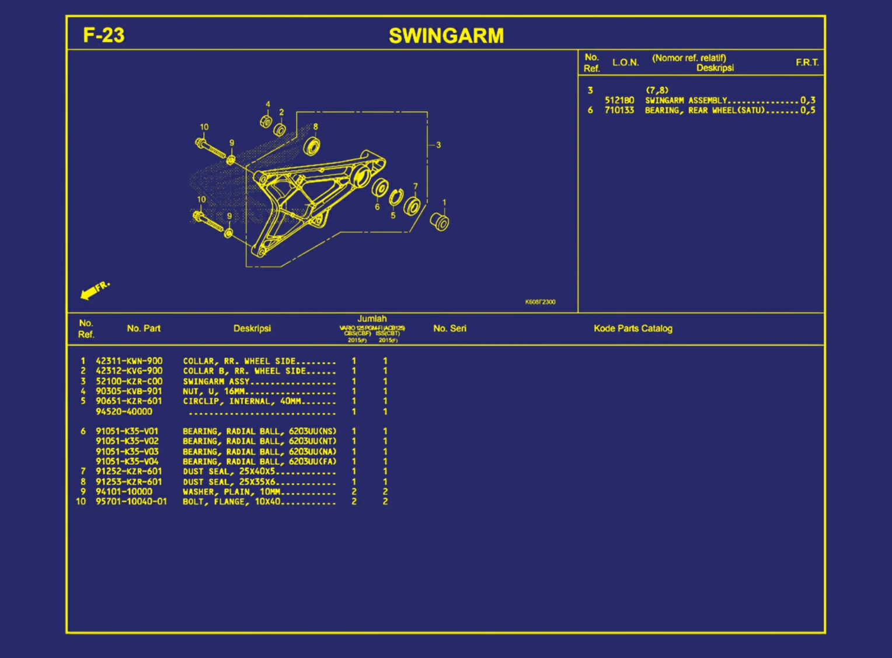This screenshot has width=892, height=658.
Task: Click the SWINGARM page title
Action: [x=446, y=36]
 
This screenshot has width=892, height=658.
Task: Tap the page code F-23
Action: [x=104, y=35]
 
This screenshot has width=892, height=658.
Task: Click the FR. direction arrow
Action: [x=95, y=290]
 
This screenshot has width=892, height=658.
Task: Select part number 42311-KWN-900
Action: [x=129, y=361]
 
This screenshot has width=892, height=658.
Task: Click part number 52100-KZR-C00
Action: [x=129, y=381]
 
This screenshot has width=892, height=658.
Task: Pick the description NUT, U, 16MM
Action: [x=214, y=391]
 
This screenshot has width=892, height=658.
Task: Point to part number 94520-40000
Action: [x=124, y=412]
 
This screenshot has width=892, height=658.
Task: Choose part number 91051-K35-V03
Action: [x=127, y=451]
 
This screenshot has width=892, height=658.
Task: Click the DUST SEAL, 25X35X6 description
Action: [x=229, y=482]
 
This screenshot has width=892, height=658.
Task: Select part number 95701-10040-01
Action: [x=131, y=502]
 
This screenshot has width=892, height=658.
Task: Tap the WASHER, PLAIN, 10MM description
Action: [x=231, y=492]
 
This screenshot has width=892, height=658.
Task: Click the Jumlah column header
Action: [x=372, y=319]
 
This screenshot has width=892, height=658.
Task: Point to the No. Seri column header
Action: [x=450, y=328]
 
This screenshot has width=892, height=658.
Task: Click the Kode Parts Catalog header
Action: [x=633, y=328]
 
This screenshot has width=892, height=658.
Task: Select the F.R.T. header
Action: [x=807, y=62]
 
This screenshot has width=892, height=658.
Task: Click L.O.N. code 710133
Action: [x=619, y=110]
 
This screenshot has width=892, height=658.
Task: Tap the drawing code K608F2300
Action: [x=540, y=302]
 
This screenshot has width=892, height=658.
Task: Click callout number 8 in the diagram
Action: [x=315, y=127]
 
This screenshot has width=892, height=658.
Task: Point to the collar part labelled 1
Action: [x=440, y=222]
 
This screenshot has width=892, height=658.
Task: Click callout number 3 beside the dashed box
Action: [x=438, y=145]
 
